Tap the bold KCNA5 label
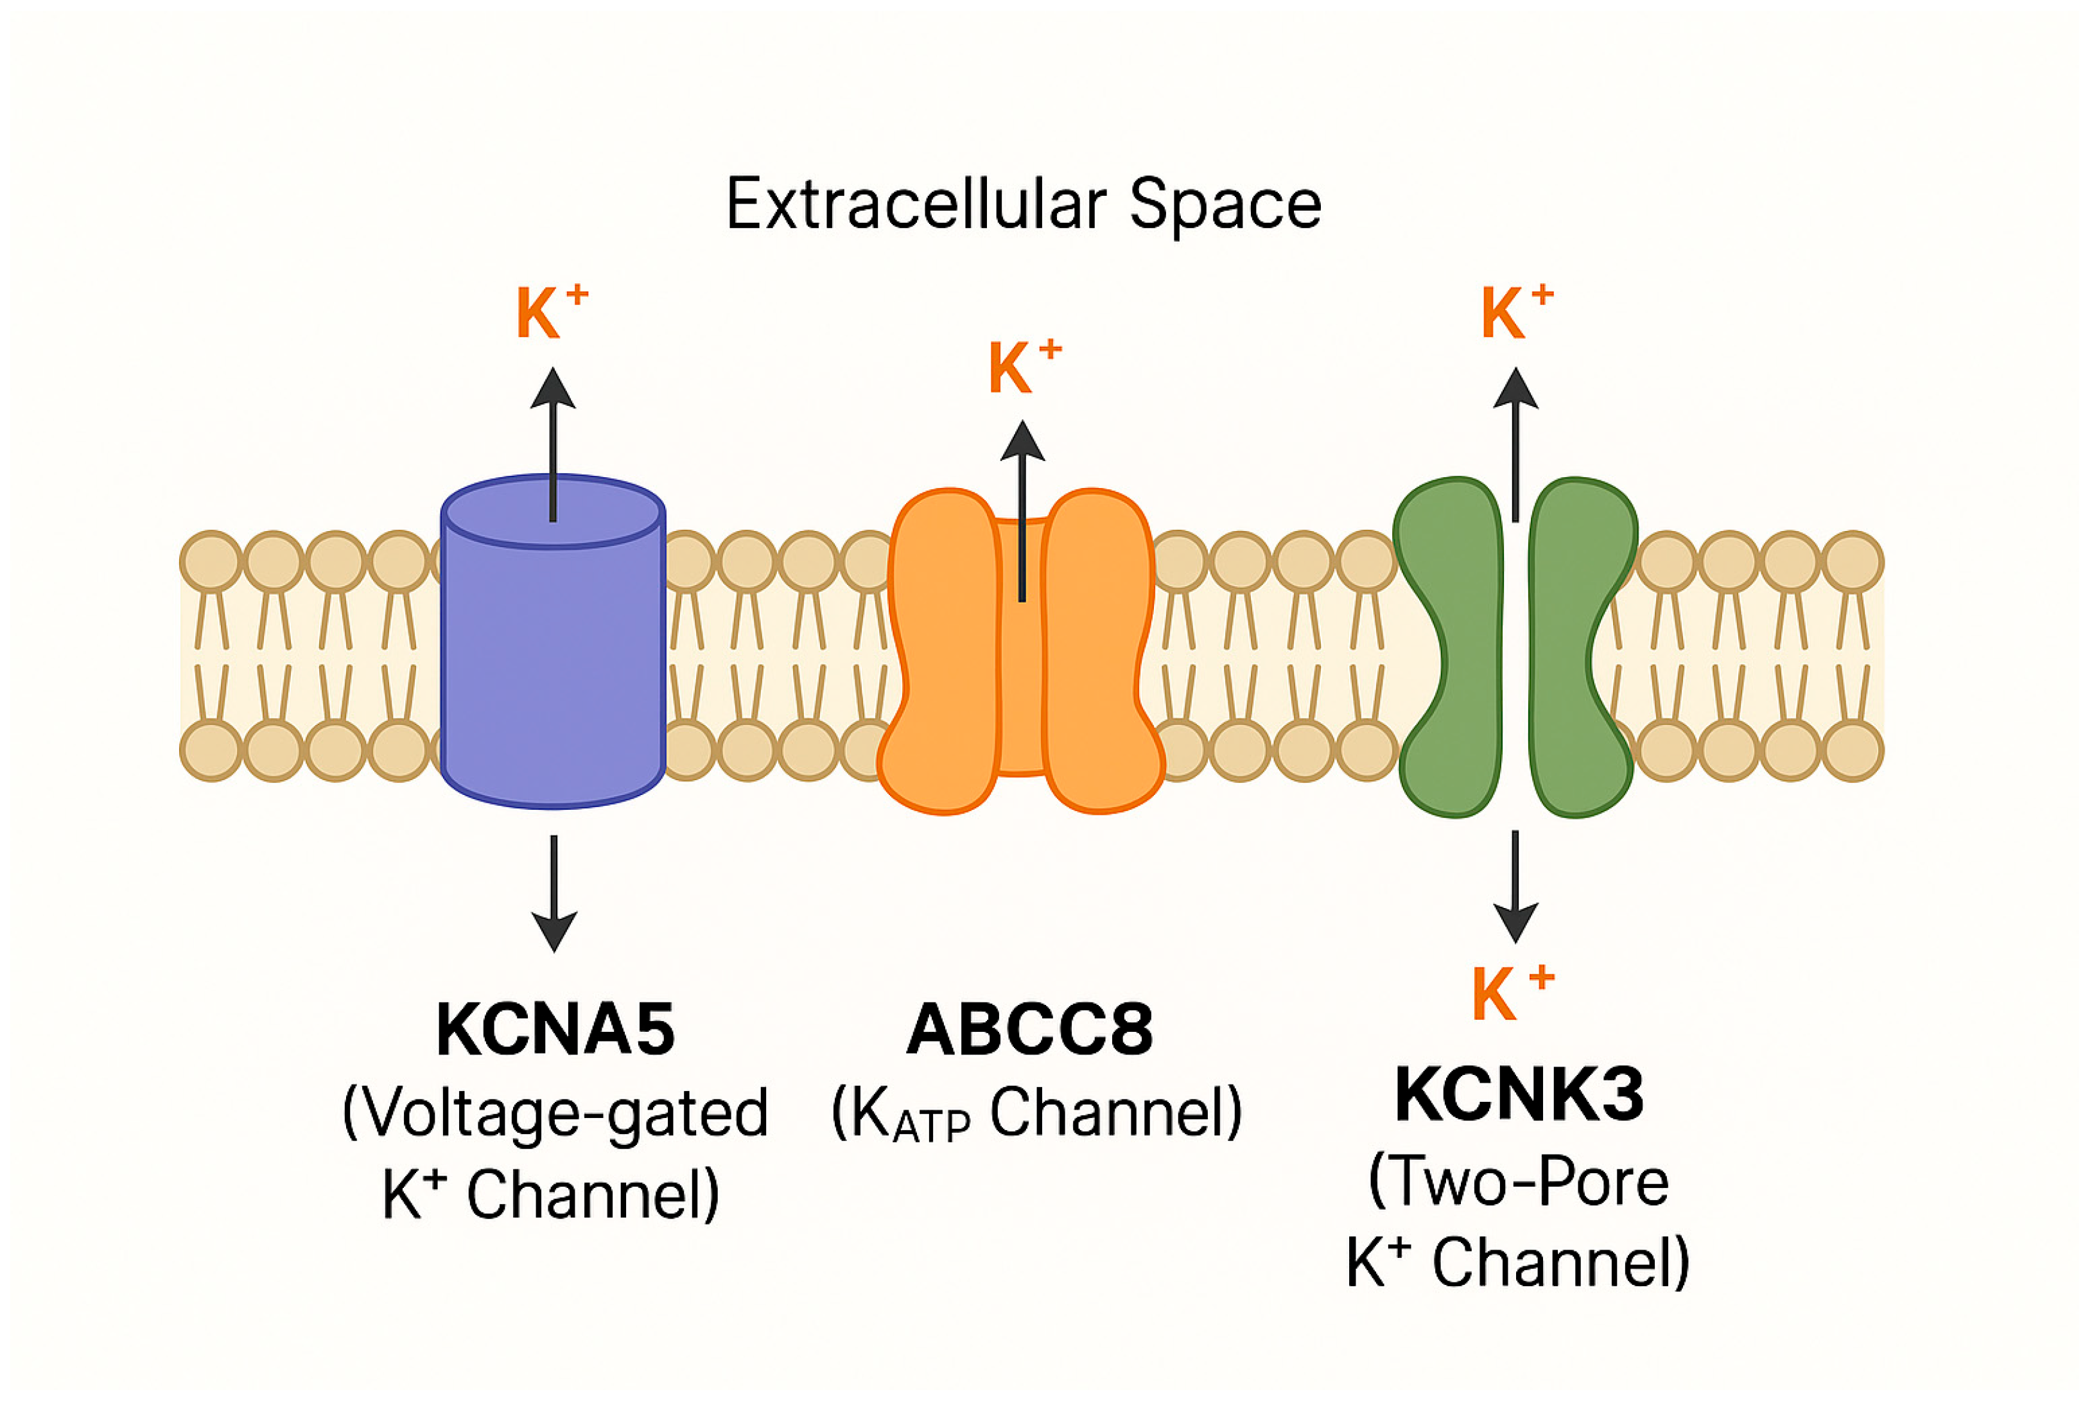click(x=555, y=1031)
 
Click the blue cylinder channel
click(x=553, y=641)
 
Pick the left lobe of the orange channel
click(x=941, y=651)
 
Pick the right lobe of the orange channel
click(x=1102, y=651)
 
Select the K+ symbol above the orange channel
click(x=1024, y=367)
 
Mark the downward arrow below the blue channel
click(x=554, y=893)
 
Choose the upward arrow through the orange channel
click(x=1022, y=511)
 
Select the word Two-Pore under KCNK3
click(x=1519, y=1181)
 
